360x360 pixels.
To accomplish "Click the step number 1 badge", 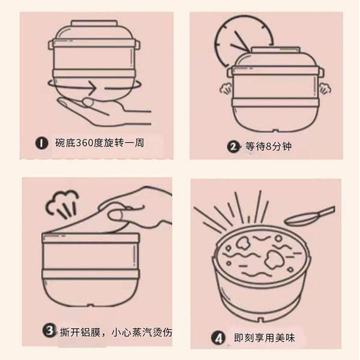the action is tap(41, 143).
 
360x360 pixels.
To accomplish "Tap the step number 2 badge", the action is tap(233, 146).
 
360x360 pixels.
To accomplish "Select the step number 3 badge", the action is tap(49, 331).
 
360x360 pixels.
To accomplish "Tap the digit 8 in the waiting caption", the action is tap(268, 146).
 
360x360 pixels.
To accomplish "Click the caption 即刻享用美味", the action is tap(264, 338).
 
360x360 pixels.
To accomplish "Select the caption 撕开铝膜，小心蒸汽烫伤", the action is tap(116, 332).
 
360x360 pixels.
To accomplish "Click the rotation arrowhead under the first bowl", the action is tap(92, 88).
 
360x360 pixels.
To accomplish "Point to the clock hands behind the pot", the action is tap(240, 43).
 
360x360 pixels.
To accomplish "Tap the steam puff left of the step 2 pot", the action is tap(226, 88).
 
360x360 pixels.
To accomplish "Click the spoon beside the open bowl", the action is tap(310, 216).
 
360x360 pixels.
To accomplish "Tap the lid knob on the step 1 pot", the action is tap(94, 23).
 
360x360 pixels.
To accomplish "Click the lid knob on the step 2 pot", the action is tap(275, 50).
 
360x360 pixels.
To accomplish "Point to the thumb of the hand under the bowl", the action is tap(88, 102).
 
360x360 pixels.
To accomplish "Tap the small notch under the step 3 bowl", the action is tap(91, 305).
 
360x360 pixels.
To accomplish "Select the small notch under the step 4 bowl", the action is tap(260, 319).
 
